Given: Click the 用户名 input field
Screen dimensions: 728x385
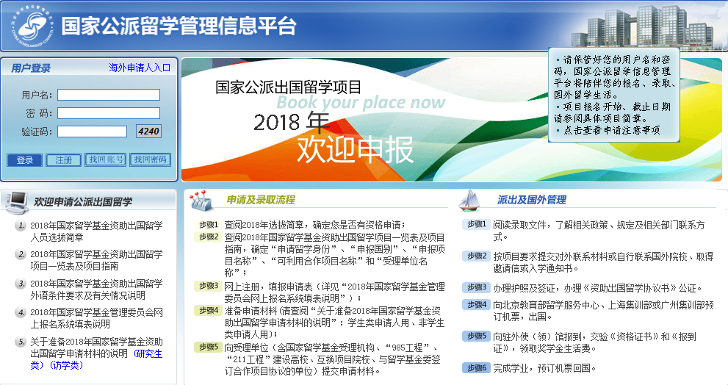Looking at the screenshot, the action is (109, 95).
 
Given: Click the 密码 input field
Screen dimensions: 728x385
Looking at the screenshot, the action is (109, 113).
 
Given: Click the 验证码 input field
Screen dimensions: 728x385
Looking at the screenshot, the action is (92, 132).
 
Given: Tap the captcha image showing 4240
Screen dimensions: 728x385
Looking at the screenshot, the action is (148, 132).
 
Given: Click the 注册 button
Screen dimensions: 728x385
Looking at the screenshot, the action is (64, 160).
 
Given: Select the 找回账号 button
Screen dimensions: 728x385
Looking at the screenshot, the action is (106, 159).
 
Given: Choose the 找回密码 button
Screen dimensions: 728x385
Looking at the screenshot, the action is (150, 159).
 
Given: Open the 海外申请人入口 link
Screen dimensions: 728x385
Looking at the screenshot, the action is (140, 68).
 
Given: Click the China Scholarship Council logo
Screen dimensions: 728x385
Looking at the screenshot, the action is (32, 27).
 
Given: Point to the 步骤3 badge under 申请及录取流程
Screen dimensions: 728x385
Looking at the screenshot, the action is (208, 286).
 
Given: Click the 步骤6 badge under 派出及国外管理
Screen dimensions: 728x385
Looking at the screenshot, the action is (476, 368).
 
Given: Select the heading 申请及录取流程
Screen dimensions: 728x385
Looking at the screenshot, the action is (261, 200).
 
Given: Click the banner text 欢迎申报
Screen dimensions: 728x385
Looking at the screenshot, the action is (355, 150).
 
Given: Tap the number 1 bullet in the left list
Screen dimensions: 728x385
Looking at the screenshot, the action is (21, 226).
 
